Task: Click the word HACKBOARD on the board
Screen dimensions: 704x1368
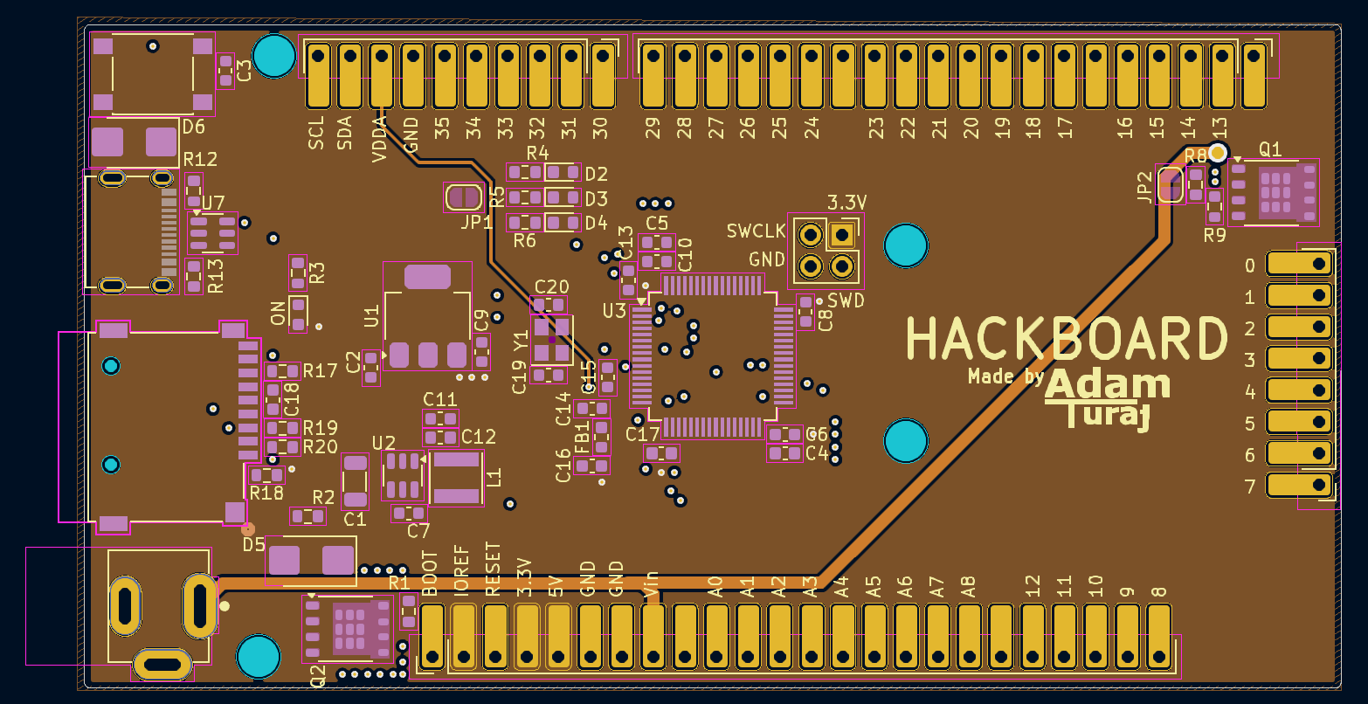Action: point(1067,339)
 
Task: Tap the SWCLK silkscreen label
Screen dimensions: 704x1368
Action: point(757,231)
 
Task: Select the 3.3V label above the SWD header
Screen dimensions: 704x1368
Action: point(846,203)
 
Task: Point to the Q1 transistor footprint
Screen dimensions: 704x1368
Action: point(1275,192)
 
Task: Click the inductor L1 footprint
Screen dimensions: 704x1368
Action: point(456,478)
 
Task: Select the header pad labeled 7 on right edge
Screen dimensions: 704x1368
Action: point(1299,486)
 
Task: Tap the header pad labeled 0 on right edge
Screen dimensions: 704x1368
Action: point(1299,264)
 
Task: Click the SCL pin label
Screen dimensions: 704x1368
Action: point(316,132)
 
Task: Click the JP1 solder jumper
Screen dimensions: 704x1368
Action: point(463,197)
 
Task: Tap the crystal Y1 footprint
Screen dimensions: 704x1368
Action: point(551,340)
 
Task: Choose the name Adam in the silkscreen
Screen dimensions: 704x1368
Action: point(1107,385)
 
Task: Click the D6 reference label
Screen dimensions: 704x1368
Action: point(193,128)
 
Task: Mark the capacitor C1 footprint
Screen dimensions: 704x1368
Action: point(355,481)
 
